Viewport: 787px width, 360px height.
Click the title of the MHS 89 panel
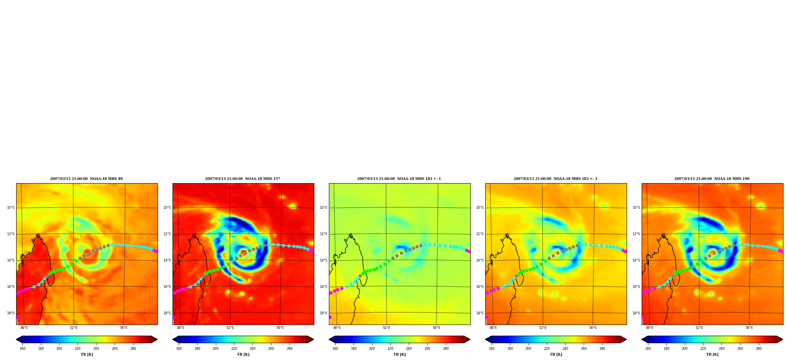[x=86, y=179]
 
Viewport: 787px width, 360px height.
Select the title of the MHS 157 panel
[x=243, y=179]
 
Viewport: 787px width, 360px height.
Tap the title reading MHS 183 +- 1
[x=399, y=179]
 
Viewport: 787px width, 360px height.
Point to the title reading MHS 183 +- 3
[x=555, y=179]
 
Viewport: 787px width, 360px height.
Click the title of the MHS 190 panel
[x=712, y=179]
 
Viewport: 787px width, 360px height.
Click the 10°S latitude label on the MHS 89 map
[x=11, y=208]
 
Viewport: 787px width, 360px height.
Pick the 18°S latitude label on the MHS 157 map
[x=167, y=313]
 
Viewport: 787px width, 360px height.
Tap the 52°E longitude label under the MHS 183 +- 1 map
[x=386, y=328]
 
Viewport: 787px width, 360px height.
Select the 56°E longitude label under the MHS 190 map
[x=749, y=328]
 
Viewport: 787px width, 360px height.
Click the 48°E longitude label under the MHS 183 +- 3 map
[x=493, y=328]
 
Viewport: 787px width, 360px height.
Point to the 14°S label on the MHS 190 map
[x=636, y=260]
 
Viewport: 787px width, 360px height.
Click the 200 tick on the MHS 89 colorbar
[x=59, y=348]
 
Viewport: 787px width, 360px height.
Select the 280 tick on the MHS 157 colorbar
[x=290, y=348]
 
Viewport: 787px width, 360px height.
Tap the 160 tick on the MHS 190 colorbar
[x=648, y=348]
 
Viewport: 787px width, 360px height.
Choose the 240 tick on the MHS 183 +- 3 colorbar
[x=565, y=348]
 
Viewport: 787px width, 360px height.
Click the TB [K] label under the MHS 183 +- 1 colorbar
[x=399, y=354]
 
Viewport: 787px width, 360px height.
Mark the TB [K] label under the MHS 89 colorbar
[x=87, y=354]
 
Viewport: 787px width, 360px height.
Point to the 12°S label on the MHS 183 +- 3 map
[x=480, y=234]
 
